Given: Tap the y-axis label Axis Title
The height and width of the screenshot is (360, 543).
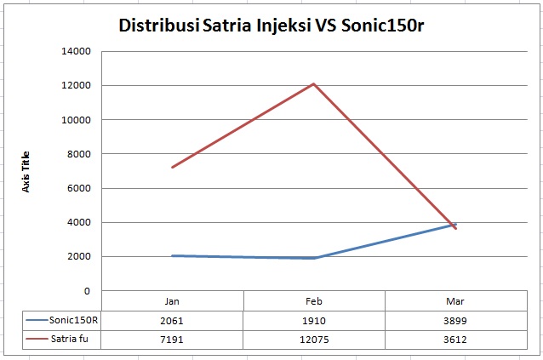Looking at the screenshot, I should [x=26, y=172].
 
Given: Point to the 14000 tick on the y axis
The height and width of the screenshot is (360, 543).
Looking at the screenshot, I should [x=77, y=51].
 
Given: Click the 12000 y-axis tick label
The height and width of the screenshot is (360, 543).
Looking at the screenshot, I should [x=77, y=85].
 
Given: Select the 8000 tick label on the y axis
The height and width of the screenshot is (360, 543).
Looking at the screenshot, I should [x=79, y=154].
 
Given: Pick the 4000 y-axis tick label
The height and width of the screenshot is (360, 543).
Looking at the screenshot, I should [x=79, y=222].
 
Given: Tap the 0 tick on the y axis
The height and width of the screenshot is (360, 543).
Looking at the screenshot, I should [x=87, y=291].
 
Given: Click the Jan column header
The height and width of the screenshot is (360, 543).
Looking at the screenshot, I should [x=173, y=301].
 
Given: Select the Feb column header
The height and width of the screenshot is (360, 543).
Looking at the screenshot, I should [x=314, y=301].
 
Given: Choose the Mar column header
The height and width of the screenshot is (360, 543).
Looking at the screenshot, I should [x=455, y=301].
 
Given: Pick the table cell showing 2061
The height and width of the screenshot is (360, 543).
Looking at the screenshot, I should [x=173, y=321].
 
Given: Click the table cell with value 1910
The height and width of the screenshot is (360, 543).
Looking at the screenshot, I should [x=314, y=321].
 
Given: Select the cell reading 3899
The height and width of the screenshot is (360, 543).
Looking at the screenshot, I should [x=455, y=321].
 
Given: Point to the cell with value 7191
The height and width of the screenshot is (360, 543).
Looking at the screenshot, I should [x=173, y=340].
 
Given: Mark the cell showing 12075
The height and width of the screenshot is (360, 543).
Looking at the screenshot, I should [x=314, y=340].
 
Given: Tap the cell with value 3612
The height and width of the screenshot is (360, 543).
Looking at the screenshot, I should [x=455, y=340].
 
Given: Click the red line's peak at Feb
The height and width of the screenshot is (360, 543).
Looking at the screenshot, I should [x=314, y=83].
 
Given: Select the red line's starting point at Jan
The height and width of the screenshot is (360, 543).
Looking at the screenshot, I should [x=173, y=168].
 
